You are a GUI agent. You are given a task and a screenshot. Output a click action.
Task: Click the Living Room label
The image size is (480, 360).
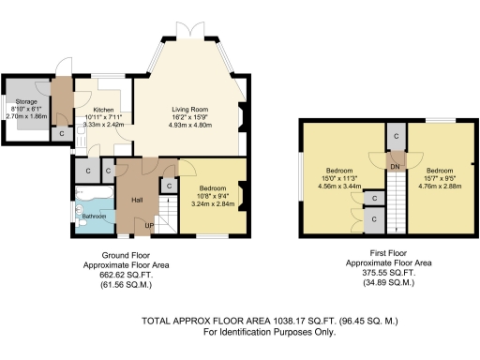tap(188, 108)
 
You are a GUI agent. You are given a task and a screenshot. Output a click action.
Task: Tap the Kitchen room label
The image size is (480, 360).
tap(103, 108)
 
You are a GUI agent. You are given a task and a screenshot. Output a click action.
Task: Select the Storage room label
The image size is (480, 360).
tap(25, 100)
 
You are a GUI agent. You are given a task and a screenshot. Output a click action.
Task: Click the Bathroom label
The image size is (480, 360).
tap(94, 217)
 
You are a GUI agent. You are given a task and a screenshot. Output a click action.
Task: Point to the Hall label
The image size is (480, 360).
tap(137, 200)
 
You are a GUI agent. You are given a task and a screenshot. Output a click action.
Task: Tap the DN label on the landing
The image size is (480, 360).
tap(396, 166)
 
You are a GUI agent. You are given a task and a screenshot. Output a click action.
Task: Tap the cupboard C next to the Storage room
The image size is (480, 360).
tap(62, 133)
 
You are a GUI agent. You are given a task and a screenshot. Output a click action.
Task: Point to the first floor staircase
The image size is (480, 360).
tap(397, 201)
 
